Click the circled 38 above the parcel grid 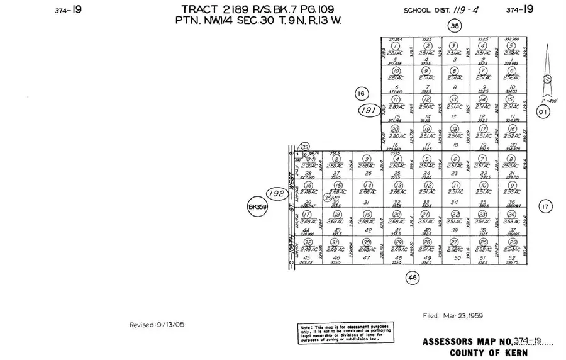pos(454,25)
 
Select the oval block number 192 pos(275,193)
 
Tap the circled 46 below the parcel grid pos(413,277)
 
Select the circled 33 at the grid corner pos(305,147)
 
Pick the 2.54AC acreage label pos(510,249)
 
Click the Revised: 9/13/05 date pos(157,325)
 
